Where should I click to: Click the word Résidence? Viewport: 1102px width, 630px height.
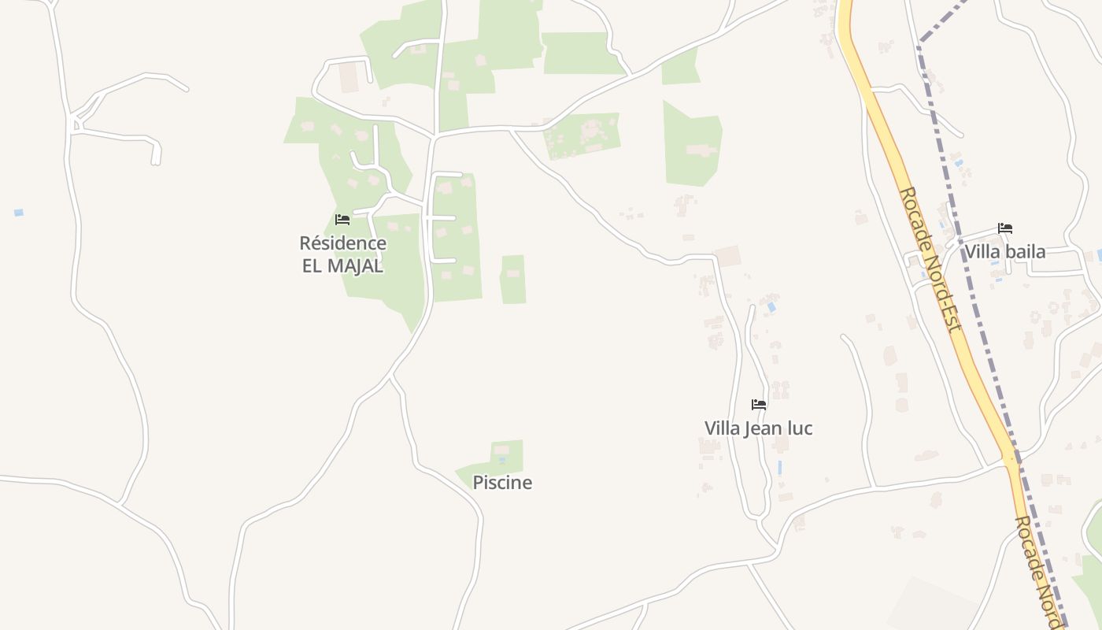[x=342, y=243]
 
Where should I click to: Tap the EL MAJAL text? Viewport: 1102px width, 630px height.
[x=342, y=265]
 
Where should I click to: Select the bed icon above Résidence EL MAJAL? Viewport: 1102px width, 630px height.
[x=342, y=220]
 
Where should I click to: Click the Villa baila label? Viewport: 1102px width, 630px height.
[x=1004, y=252]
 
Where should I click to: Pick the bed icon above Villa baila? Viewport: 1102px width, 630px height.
[x=1004, y=228]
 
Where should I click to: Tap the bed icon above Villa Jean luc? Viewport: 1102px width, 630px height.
[x=759, y=405]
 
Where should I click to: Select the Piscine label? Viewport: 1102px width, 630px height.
[x=502, y=483]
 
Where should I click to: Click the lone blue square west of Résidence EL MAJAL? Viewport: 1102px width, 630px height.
[x=19, y=213]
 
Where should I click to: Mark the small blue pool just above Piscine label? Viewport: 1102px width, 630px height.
[x=501, y=459]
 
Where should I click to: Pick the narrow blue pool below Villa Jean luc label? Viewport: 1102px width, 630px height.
[x=779, y=467]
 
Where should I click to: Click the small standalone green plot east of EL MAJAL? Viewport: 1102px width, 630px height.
[x=513, y=279]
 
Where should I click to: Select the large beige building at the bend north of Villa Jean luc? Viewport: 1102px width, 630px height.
[x=728, y=257]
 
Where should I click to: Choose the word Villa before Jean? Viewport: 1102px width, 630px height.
[x=722, y=428]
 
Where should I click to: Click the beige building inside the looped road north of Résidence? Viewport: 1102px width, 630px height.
[x=349, y=76]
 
